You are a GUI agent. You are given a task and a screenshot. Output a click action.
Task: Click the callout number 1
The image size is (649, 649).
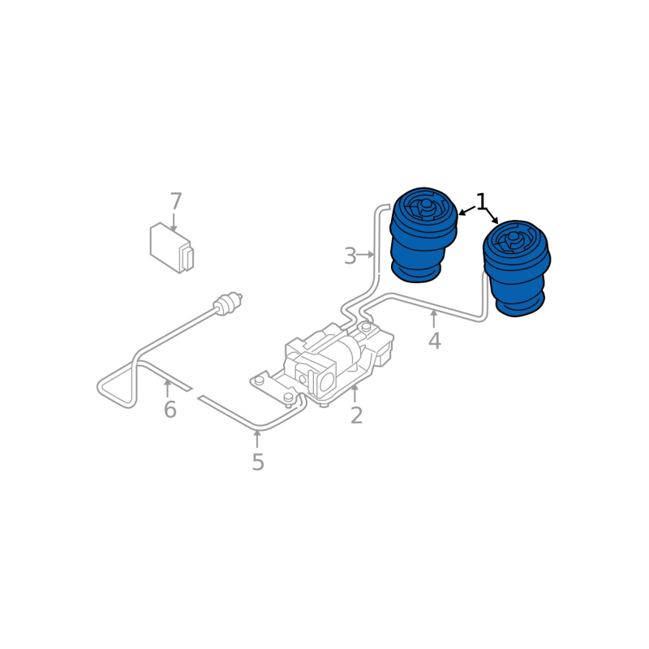(x=481, y=201)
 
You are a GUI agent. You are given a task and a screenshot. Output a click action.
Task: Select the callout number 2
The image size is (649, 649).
(x=356, y=415)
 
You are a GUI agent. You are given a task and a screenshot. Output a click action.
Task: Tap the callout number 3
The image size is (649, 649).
(x=350, y=256)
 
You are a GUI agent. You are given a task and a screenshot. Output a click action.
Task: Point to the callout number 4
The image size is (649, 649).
(x=434, y=341)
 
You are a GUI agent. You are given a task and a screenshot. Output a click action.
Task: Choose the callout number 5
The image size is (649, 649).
(x=258, y=462)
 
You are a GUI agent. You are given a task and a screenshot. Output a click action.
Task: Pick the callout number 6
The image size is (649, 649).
(x=170, y=410)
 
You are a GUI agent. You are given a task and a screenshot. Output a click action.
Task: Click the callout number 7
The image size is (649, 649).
(x=176, y=201)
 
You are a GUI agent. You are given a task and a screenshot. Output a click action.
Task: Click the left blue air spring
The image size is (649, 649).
(x=423, y=234)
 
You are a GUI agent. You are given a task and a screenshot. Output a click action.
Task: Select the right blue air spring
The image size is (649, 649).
(x=517, y=269)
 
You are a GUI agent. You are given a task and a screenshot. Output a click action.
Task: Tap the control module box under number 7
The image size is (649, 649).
(x=172, y=248)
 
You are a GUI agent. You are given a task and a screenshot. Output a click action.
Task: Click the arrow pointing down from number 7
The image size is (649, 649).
(x=174, y=222)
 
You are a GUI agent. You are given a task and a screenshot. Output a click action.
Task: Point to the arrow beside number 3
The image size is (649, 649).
(x=365, y=255)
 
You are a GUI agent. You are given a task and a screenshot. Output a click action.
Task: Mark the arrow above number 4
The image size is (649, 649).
(x=434, y=319)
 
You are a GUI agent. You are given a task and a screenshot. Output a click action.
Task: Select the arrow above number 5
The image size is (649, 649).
(x=257, y=439)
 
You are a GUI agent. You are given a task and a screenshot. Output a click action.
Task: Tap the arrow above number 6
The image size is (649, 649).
(x=167, y=389)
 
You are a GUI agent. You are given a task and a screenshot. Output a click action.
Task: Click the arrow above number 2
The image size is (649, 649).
(x=355, y=393)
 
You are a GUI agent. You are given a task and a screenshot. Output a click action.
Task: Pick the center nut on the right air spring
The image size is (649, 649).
(x=514, y=238)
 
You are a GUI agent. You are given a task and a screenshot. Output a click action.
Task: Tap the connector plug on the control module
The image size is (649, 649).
(x=187, y=258)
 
